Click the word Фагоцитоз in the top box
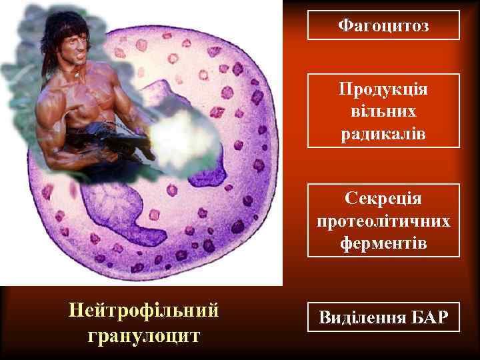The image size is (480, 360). [x=383, y=25]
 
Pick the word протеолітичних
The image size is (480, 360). [x=383, y=221]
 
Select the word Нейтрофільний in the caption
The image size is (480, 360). [x=144, y=310]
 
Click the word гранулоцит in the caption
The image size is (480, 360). [x=144, y=335]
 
